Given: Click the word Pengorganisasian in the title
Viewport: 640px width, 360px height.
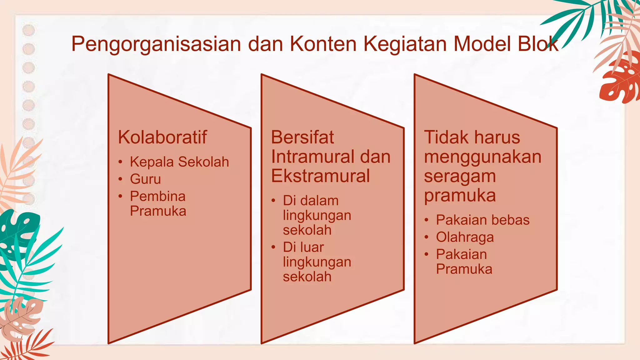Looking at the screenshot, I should [156, 44].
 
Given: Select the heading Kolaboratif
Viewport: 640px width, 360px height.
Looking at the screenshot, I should [162, 137].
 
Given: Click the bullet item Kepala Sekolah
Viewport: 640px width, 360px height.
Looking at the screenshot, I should [179, 162].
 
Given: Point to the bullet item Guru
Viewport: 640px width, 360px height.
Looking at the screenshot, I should [145, 179].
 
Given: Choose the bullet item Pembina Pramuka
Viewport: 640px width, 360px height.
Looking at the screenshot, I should [158, 203].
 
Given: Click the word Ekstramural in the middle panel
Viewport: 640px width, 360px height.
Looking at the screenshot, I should [320, 176].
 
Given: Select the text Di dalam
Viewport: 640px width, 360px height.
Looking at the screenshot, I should [311, 201].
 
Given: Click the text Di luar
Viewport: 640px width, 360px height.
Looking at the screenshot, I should [303, 247].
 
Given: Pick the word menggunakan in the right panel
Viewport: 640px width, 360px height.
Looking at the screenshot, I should [482, 157].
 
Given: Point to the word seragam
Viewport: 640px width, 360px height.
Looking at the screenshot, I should [460, 176].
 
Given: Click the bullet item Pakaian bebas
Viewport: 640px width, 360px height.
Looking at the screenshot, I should [482, 220].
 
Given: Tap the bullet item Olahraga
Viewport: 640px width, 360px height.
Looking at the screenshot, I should [465, 237].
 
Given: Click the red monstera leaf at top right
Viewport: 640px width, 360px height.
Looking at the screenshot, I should [620, 80].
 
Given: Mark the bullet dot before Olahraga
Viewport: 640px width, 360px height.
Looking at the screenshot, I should [426, 237].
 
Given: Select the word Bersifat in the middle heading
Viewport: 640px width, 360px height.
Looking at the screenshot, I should [302, 137].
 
